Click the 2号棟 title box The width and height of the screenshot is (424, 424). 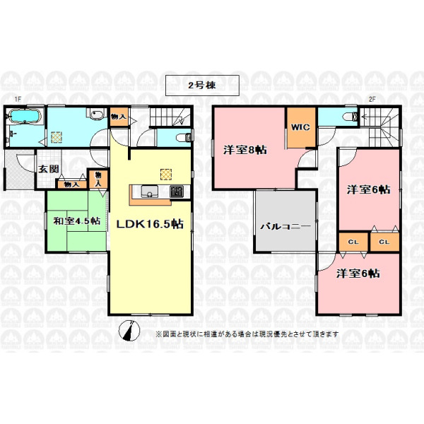[x=202, y=86]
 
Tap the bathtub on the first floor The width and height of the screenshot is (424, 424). [x=25, y=117]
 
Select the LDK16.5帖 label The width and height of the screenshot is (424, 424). [x=150, y=224]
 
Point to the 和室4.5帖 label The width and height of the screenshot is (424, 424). [x=77, y=221]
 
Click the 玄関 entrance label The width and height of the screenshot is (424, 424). [x=48, y=170]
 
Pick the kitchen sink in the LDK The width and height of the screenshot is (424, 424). [x=148, y=192]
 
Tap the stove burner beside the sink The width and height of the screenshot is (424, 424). [x=177, y=192]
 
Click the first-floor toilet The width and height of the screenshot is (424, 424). [x=184, y=138]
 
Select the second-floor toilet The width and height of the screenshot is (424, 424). [x=351, y=117]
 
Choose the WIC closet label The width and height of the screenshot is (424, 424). [x=300, y=127]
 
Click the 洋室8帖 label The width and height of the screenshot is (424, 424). [x=245, y=150]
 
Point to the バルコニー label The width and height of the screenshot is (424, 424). [x=285, y=226]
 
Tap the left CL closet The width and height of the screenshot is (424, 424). [x=353, y=242]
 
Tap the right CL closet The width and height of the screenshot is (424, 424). [x=384, y=242]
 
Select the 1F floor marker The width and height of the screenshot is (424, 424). [x=18, y=100]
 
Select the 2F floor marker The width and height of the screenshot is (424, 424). [x=372, y=99]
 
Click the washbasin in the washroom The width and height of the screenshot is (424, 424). [x=97, y=114]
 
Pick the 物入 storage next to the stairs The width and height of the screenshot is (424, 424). [x=119, y=117]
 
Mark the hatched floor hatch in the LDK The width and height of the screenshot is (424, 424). [x=166, y=175]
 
